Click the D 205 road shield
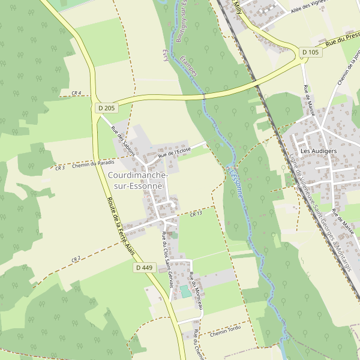click(106, 108)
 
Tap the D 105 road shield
click(311, 52)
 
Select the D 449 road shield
click(144, 268)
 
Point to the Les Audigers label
click(318, 151)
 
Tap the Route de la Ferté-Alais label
click(121, 227)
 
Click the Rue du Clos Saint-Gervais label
click(167, 257)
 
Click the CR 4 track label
click(76, 93)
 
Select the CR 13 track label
click(196, 214)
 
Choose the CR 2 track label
click(76, 259)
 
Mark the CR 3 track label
click(59, 168)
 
